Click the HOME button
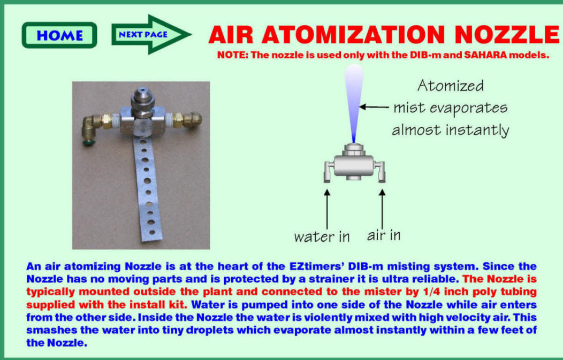pos(59,35)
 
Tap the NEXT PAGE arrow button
pos(151,34)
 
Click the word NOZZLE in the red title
pos(506,35)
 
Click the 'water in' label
pos(322,236)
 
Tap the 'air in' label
pos(384,235)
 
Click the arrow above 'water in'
pos(327,209)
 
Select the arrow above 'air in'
pos(382,209)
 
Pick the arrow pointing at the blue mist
pos(374,107)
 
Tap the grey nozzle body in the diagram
pos(354,165)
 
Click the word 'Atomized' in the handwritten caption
pos(451,86)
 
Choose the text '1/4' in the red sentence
pos(431,292)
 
